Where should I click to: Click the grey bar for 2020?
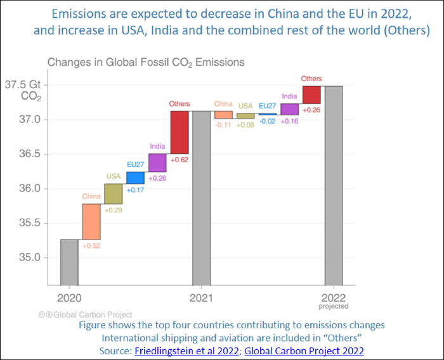tap(69, 262)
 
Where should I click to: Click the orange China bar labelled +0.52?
tap(91, 221)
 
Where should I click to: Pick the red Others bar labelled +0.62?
tap(179, 132)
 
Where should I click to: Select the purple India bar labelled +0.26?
tap(157, 162)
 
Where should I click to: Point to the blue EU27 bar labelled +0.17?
tap(135, 177)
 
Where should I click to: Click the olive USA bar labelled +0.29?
tap(114, 193)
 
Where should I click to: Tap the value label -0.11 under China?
tap(223, 125)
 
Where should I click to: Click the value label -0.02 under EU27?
tap(267, 121)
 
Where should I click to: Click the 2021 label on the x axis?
tap(201, 297)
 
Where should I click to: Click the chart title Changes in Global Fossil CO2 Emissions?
tap(147, 62)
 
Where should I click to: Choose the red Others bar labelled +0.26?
tap(311, 94)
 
